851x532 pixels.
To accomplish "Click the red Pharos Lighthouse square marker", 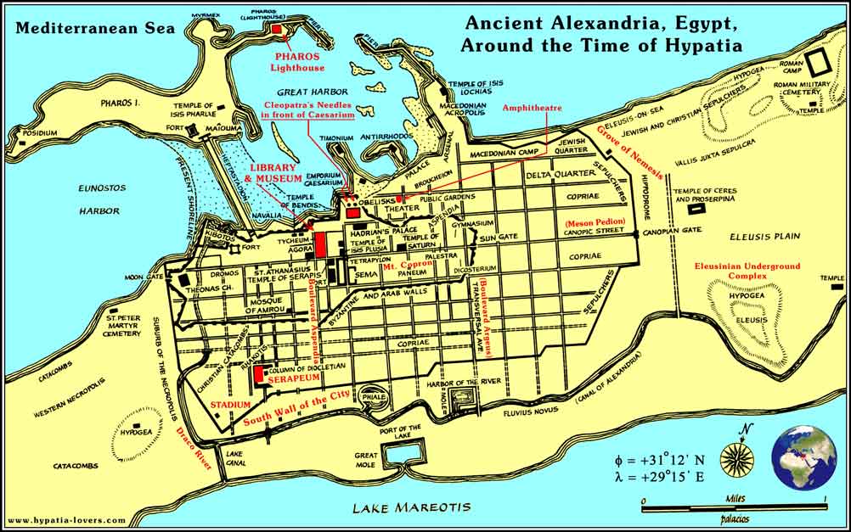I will point(278,30).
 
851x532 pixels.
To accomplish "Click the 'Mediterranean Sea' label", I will point(94,28).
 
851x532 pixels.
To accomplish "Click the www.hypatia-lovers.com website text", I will point(67,519).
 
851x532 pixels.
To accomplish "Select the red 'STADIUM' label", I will point(231,405).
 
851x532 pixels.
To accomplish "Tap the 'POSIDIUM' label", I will point(39,133).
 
